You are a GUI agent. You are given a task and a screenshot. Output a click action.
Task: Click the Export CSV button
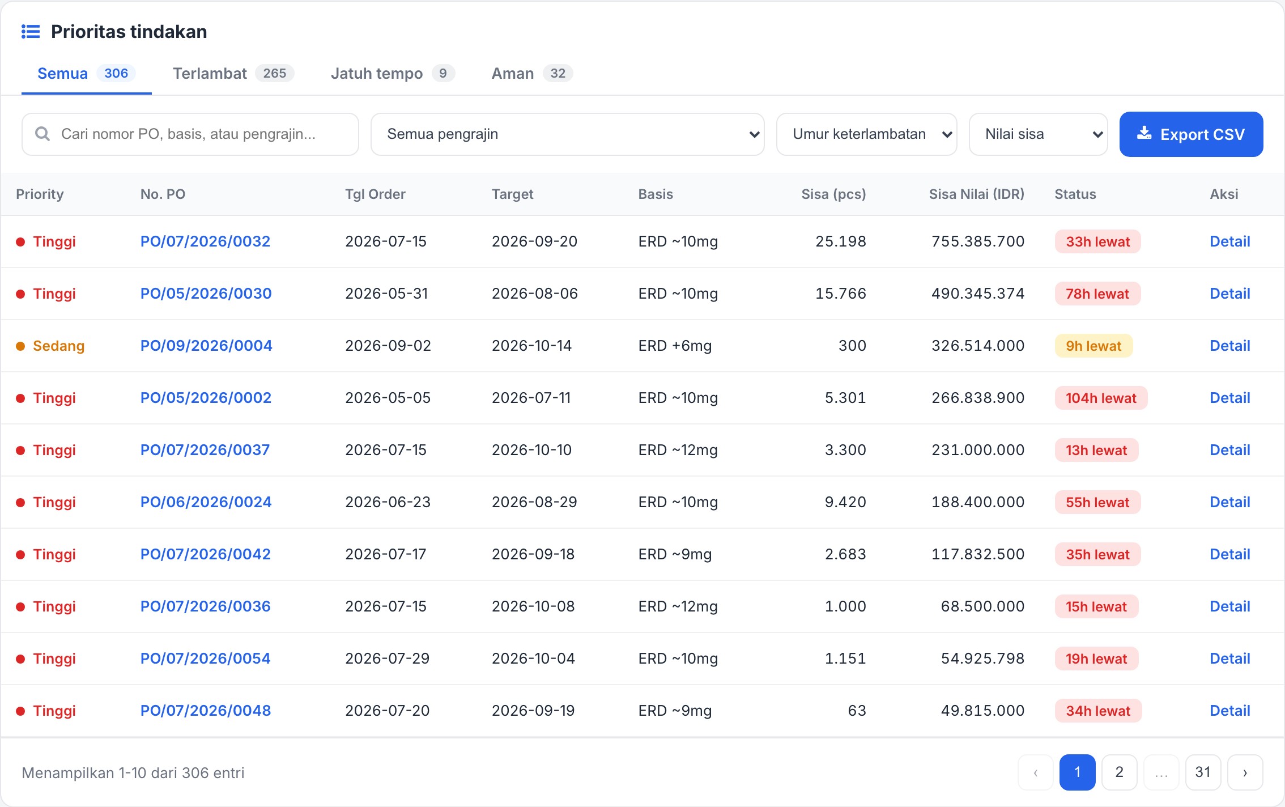click(x=1191, y=134)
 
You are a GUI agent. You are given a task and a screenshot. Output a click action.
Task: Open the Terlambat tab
click(x=233, y=74)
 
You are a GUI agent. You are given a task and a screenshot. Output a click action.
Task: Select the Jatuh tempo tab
click(x=392, y=74)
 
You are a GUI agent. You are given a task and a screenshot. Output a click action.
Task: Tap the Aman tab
click(x=532, y=74)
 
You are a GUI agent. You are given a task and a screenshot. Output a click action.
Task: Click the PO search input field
click(x=190, y=134)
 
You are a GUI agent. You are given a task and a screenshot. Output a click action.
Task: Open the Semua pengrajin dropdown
click(x=567, y=134)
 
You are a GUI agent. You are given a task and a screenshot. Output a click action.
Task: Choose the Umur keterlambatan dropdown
click(x=866, y=134)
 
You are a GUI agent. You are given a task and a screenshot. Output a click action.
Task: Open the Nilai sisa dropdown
click(x=1038, y=134)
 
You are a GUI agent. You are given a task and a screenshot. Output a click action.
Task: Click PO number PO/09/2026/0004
click(x=206, y=346)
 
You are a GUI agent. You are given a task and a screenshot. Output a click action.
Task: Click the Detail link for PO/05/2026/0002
click(x=1229, y=398)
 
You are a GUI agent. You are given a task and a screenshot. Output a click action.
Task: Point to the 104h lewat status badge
click(x=1101, y=398)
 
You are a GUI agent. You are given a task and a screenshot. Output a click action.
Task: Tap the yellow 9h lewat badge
click(x=1093, y=346)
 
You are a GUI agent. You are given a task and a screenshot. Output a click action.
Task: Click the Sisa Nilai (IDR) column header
click(x=976, y=194)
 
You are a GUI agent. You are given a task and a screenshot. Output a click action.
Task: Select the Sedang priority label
click(x=58, y=346)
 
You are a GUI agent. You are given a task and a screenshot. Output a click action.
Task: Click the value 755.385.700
click(x=978, y=241)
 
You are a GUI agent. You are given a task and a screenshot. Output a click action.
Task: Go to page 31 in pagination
click(x=1203, y=772)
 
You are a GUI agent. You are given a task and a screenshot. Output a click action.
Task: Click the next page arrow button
click(x=1245, y=772)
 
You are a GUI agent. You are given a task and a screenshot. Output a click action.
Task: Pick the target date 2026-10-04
click(x=533, y=659)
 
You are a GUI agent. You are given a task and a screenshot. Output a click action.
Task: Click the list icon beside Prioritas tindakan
click(x=31, y=32)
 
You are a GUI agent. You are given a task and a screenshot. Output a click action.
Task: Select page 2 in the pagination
click(x=1119, y=772)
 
